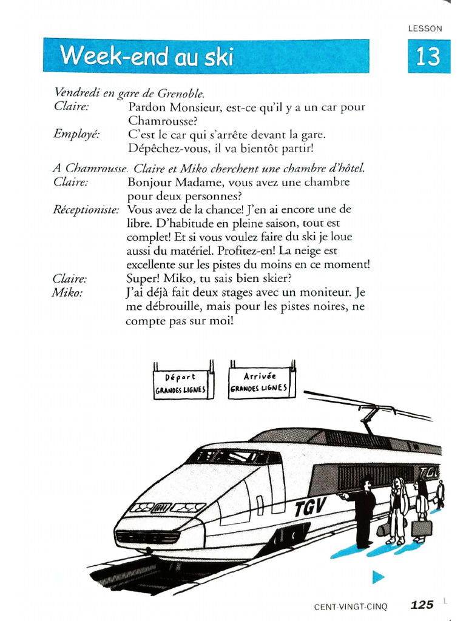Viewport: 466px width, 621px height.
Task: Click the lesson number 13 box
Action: click(428, 56)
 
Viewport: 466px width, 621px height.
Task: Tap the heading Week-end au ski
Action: click(147, 56)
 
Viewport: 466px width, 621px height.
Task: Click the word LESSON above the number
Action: click(425, 29)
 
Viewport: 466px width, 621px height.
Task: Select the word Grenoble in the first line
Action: click(180, 93)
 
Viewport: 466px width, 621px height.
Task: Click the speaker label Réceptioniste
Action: click(86, 209)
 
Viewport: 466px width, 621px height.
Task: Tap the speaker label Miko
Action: click(67, 292)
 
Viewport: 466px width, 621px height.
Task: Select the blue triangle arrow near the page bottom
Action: click(378, 577)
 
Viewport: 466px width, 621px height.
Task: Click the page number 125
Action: click(422, 605)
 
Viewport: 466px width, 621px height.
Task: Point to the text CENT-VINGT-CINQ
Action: click(350, 606)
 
